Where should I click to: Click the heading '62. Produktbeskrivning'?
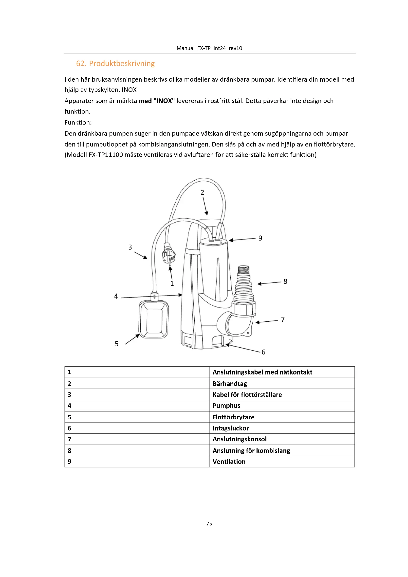pyautogui.click(x=115, y=64)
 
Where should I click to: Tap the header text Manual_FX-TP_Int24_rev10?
pyautogui.click(x=209, y=48)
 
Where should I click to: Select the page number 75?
pyautogui.click(x=209, y=523)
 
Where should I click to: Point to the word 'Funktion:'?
pyautogui.click(x=78, y=123)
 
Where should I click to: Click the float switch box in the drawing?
pyautogui.click(x=153, y=320)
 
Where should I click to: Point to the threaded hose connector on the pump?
pyautogui.click(x=243, y=284)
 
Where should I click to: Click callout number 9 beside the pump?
pyautogui.click(x=260, y=238)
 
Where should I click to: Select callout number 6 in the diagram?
pyautogui.click(x=263, y=352)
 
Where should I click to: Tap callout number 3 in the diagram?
pyautogui.click(x=130, y=247)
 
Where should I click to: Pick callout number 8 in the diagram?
pyautogui.click(x=285, y=281)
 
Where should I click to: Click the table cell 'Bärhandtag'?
pyautogui.click(x=230, y=384)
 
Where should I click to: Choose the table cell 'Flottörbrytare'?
pyautogui.click(x=233, y=417)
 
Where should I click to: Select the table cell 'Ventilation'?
pyautogui.click(x=229, y=462)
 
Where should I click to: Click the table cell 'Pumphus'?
pyautogui.click(x=226, y=406)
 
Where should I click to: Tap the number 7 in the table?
pyautogui.click(x=70, y=439)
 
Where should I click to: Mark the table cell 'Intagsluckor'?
pyautogui.click(x=231, y=428)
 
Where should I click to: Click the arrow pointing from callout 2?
pyautogui.click(x=205, y=206)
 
